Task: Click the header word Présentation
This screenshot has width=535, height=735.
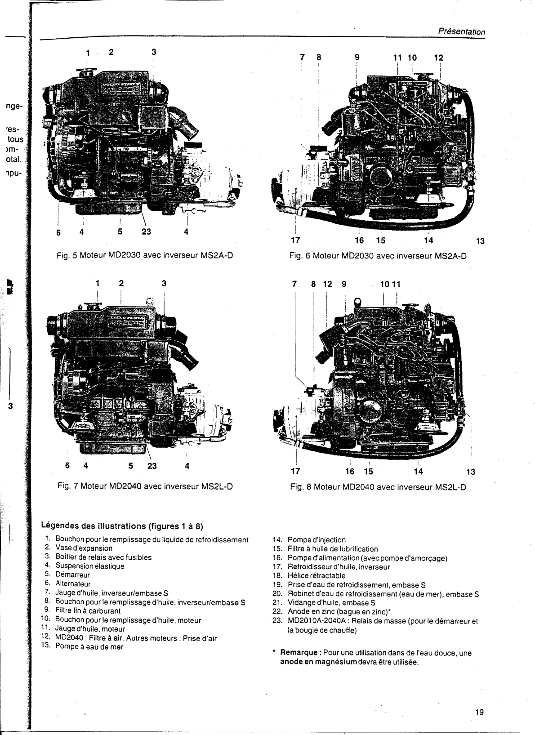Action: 462,32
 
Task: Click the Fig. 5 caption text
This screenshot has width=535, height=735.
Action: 144,256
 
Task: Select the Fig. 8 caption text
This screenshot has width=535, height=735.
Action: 378,487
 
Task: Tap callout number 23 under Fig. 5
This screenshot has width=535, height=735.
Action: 146,232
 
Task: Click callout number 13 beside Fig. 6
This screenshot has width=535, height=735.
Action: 480,241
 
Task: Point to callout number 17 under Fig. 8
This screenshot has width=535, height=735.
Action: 295,472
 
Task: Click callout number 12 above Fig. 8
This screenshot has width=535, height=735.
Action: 328,284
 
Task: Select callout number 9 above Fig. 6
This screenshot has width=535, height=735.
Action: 357,58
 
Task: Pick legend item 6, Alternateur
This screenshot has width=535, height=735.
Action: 73,584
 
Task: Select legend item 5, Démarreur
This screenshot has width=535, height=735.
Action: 72,575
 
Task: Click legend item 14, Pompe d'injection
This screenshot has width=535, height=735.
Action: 317,539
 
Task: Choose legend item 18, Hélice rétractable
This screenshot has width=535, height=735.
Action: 317,575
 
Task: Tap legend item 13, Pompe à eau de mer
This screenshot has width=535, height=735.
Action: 89,646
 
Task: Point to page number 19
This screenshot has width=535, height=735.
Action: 479,712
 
